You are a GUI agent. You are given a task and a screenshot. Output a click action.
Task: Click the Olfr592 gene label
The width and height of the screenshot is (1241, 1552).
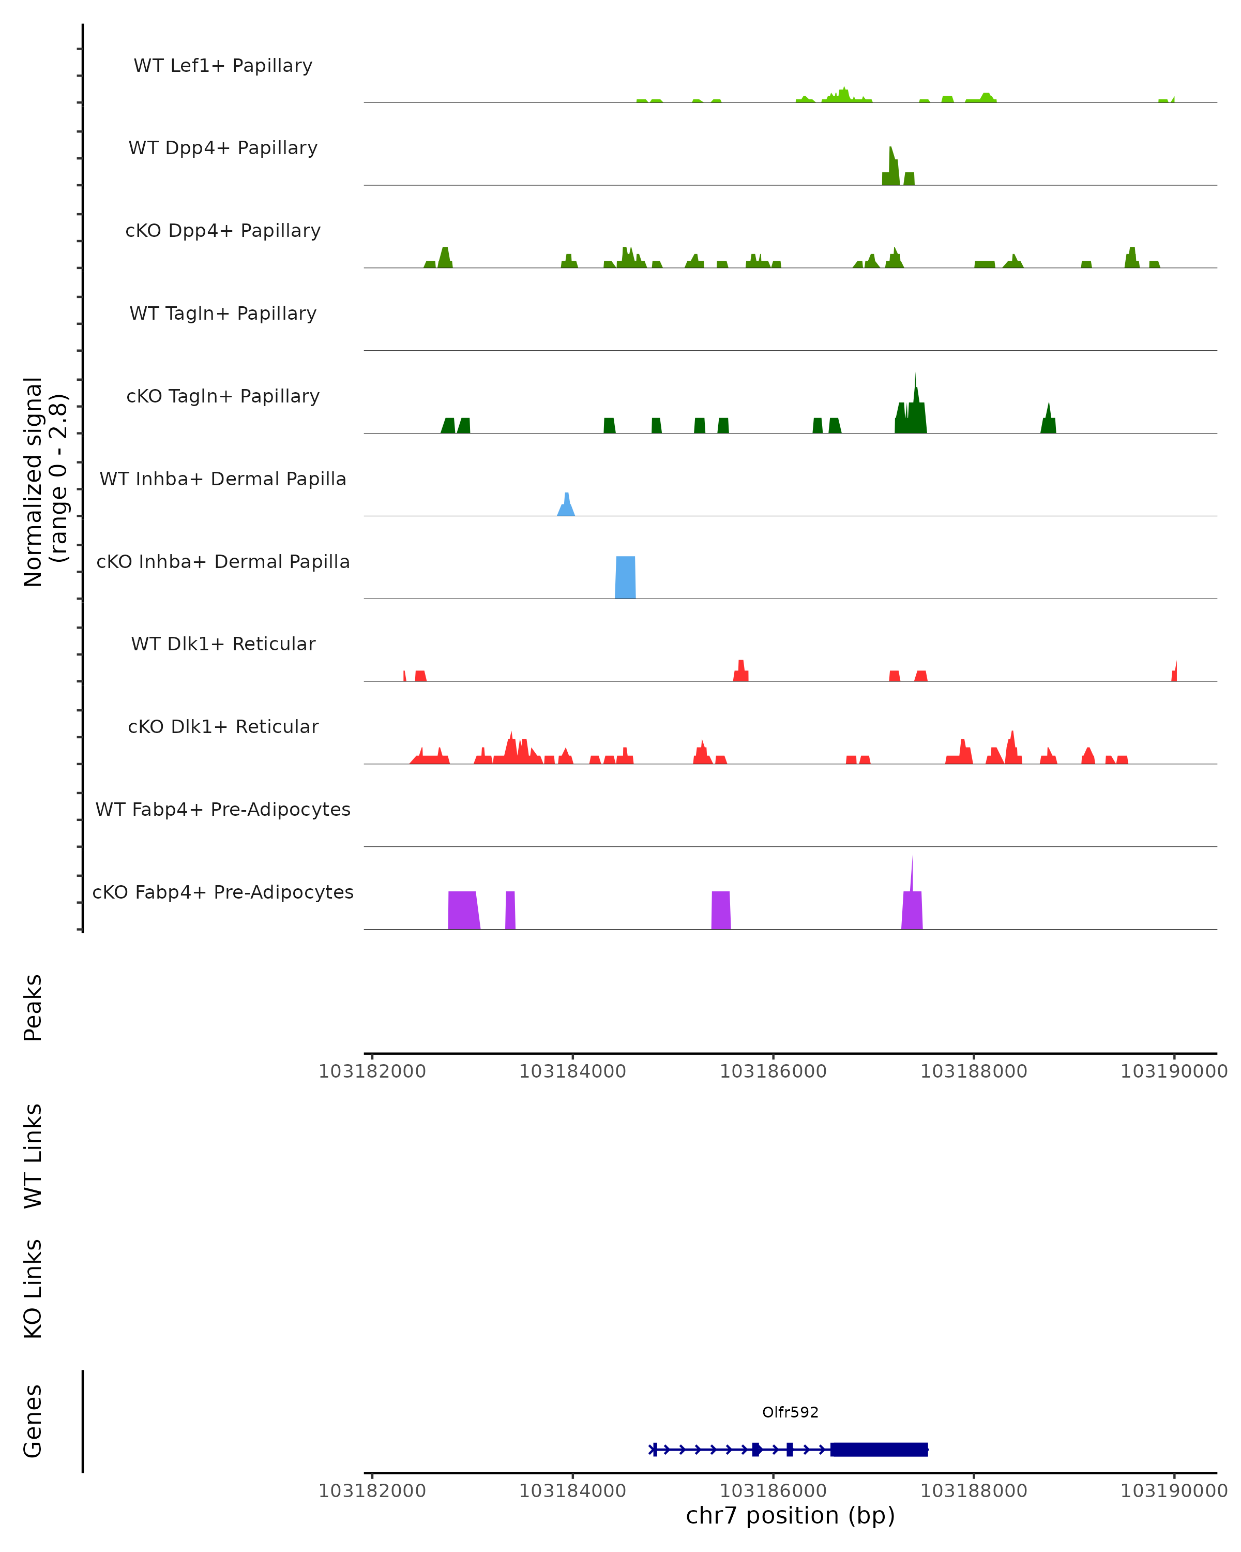[x=790, y=1412]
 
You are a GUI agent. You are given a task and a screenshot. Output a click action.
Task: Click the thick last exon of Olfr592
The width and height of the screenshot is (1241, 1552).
[x=879, y=1449]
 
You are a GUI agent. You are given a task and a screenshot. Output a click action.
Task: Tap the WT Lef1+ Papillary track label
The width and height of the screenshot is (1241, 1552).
[x=223, y=66]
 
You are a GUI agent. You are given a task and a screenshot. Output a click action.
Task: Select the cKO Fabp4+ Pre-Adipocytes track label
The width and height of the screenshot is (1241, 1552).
[x=223, y=892]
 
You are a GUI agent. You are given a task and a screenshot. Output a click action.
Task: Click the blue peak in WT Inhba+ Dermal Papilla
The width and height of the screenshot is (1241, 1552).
[x=567, y=505]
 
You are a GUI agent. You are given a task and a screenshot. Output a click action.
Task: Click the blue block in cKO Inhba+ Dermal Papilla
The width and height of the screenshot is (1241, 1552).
[x=625, y=577]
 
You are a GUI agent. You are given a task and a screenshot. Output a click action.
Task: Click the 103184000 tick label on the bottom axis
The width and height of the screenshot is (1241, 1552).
[x=572, y=1491]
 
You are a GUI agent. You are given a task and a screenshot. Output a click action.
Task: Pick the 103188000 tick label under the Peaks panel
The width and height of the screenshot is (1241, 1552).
[x=973, y=1071]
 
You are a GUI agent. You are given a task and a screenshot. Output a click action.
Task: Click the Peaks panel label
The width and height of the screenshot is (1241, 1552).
[x=33, y=1007]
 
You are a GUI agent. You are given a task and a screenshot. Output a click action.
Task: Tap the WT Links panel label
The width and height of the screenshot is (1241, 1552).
[x=33, y=1155]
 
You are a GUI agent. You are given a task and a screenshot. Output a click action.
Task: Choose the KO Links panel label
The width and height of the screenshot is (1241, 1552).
[x=33, y=1289]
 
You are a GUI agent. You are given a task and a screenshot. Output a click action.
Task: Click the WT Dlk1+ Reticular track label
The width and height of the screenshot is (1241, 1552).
[x=223, y=644]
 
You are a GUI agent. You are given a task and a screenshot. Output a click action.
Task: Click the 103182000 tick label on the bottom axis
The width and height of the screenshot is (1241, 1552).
[x=372, y=1491]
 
